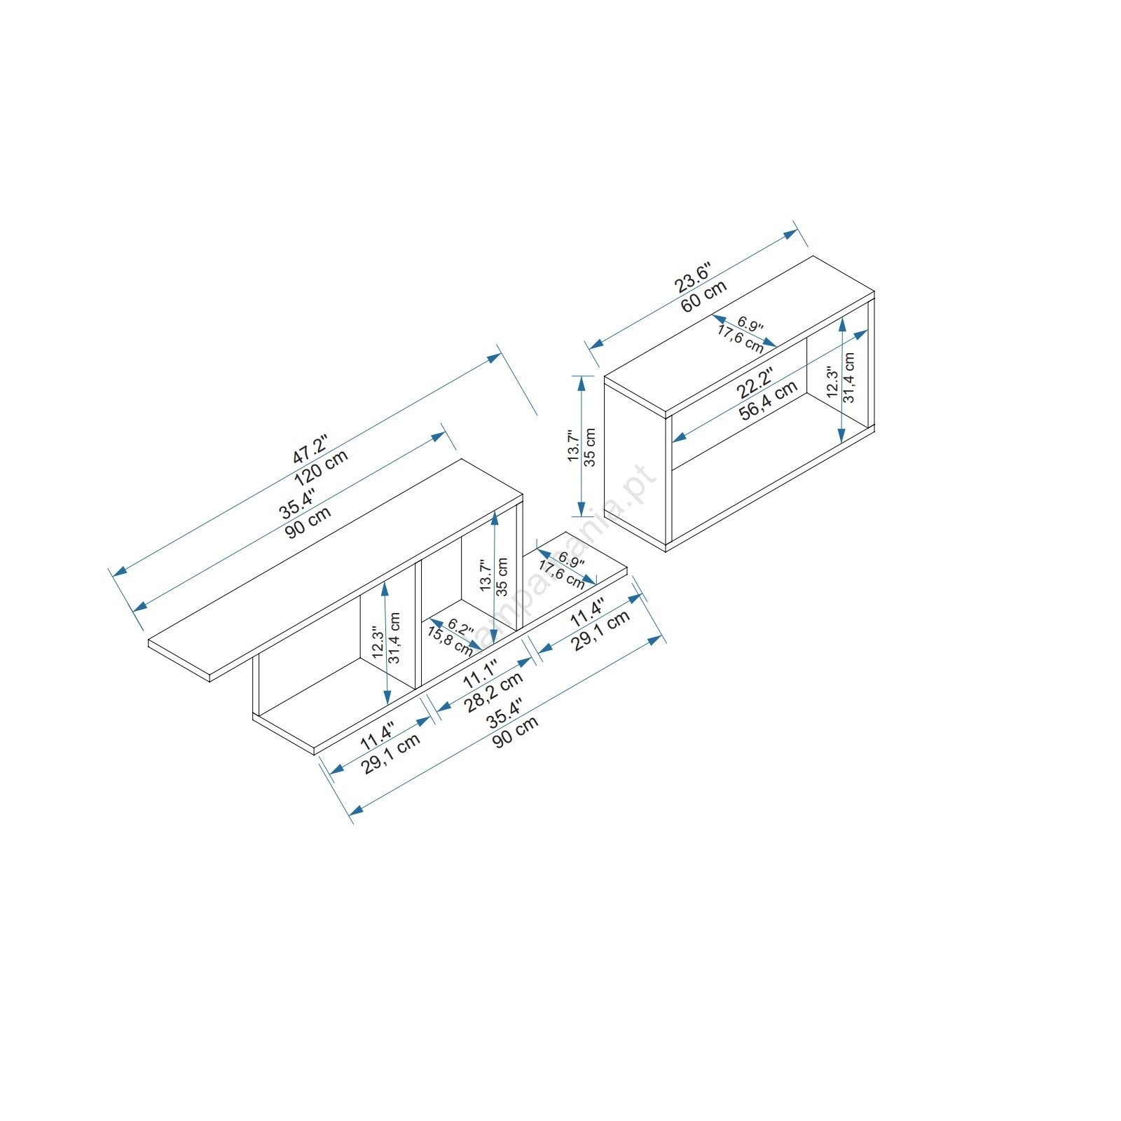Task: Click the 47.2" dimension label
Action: [310, 448]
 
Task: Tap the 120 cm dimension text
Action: [321, 468]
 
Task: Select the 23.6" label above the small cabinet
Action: [693, 277]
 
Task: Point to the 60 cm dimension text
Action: [704, 296]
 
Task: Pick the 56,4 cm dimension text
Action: [769, 400]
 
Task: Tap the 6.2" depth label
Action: [460, 626]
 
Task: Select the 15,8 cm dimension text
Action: [450, 639]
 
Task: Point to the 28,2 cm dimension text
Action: [494, 692]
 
